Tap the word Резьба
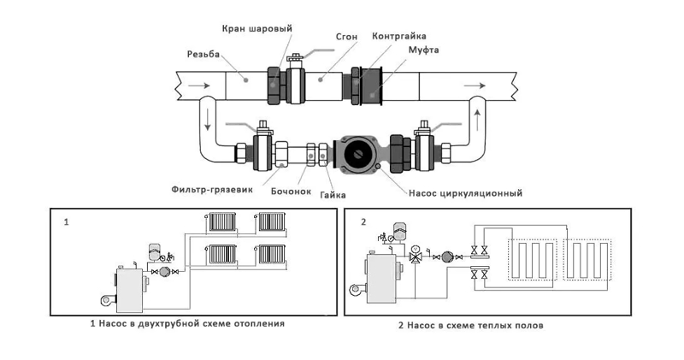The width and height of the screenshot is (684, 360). pyautogui.click(x=204, y=55)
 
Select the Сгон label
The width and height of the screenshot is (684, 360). pyautogui.click(x=335, y=37)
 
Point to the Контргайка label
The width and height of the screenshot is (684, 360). pyautogui.click(x=399, y=37)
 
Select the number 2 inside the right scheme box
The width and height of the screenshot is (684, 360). pyautogui.click(x=363, y=222)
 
